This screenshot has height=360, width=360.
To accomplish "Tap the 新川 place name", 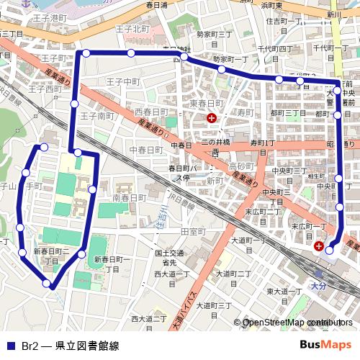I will [333, 14].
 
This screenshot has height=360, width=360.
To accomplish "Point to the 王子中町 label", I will [121, 82].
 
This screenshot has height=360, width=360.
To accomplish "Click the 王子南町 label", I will [97, 115].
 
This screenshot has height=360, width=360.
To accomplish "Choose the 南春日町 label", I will [130, 197].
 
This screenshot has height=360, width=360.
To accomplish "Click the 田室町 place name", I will [193, 231].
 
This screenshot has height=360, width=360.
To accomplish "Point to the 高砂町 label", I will [240, 166].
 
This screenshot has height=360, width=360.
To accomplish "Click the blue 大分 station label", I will [318, 286].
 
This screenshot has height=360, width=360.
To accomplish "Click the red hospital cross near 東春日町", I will [211, 118].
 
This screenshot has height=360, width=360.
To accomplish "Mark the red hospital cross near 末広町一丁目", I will [318, 246].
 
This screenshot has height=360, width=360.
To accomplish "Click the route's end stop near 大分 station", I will [330, 251].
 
